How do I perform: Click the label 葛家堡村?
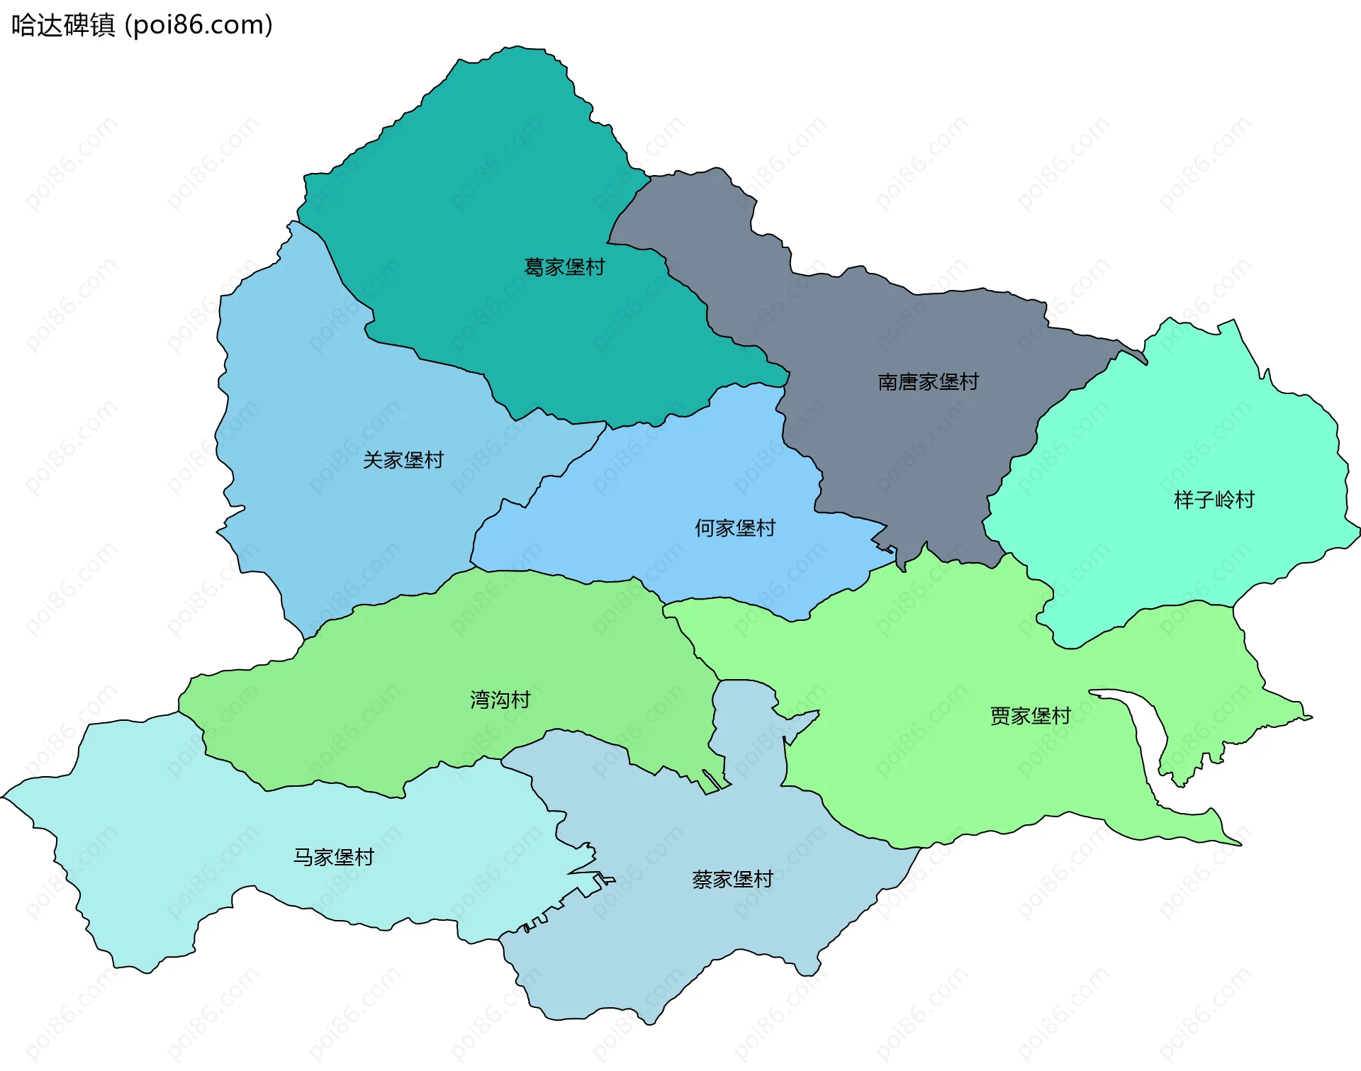click(564, 267)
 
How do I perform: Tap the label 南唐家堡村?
click(928, 382)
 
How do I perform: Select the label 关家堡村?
click(403, 460)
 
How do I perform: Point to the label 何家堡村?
click(735, 528)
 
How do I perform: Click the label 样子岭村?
click(1214, 500)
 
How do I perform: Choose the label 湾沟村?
click(500, 700)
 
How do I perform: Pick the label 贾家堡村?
click(1030, 716)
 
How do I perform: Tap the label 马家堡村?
click(334, 858)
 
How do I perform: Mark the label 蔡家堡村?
click(732, 880)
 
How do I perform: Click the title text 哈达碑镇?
click(64, 26)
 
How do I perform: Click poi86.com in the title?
click(198, 26)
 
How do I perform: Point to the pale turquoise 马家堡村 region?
click(177, 851)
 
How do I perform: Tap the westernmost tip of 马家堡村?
click(4, 797)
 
